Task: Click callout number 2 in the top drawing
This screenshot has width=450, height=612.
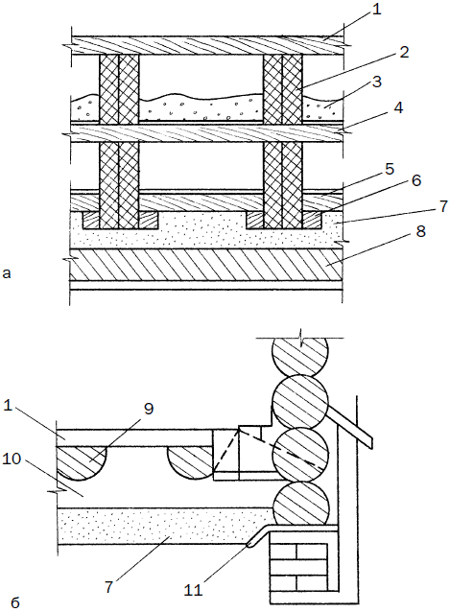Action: tap(404, 52)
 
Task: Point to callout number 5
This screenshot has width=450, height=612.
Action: tap(389, 169)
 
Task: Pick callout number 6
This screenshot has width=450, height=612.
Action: tap(416, 180)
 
